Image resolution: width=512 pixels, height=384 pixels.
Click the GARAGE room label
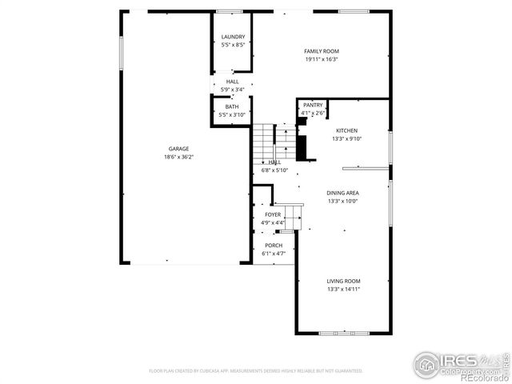pyautogui.click(x=178, y=149)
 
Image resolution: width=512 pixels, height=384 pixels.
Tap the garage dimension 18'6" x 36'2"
pyautogui.click(x=178, y=157)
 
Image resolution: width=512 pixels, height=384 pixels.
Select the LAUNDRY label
pyautogui.click(x=233, y=37)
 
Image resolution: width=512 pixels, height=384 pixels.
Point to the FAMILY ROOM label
pyautogui.click(x=321, y=50)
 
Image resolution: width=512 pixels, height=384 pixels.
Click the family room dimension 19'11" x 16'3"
pyautogui.click(x=321, y=59)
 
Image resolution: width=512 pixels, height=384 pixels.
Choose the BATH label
pyautogui.click(x=231, y=106)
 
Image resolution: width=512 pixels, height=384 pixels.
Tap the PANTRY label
pyautogui.click(x=312, y=105)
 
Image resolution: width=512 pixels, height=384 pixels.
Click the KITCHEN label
pyautogui.click(x=346, y=130)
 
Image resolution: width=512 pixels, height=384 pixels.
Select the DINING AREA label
pyautogui.click(x=342, y=193)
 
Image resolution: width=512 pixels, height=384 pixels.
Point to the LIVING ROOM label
pyautogui.click(x=342, y=281)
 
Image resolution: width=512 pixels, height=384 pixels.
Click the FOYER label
pyautogui.click(x=273, y=214)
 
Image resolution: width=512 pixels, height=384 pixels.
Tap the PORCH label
pyautogui.click(x=274, y=245)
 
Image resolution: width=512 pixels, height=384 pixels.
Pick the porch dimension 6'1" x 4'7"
pyautogui.click(x=274, y=254)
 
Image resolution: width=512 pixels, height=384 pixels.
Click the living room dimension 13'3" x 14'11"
pyautogui.click(x=342, y=289)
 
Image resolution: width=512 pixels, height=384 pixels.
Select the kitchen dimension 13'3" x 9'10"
pyautogui.click(x=346, y=139)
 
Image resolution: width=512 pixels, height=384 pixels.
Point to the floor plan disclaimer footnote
pyautogui.click(x=256, y=371)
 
